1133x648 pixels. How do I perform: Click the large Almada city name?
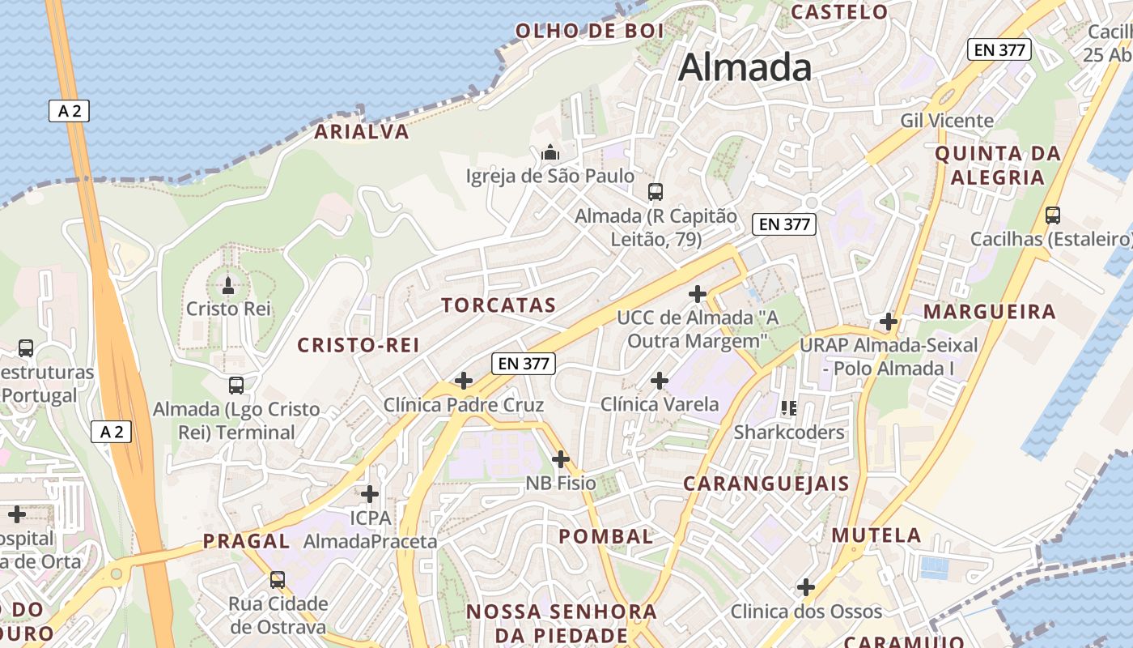(x=745, y=67)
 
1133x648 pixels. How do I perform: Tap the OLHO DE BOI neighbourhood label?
(x=590, y=32)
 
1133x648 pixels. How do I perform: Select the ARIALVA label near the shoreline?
(x=362, y=132)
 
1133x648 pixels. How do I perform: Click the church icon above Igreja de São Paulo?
(x=550, y=152)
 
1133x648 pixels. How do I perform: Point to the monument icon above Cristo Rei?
(x=228, y=285)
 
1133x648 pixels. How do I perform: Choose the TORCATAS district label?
(x=499, y=305)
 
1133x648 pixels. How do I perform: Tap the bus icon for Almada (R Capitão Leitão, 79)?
(x=656, y=192)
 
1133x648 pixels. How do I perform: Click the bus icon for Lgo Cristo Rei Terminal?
(x=236, y=386)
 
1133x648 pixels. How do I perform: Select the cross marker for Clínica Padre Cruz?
(x=464, y=380)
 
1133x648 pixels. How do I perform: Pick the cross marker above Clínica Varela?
(x=660, y=380)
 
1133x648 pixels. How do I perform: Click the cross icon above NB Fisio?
(x=561, y=459)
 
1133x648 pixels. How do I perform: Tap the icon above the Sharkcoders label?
(x=789, y=408)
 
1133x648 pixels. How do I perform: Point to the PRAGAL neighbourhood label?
(x=246, y=541)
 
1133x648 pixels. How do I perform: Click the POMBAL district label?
(x=606, y=536)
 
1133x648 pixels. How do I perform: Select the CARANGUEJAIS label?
(x=766, y=484)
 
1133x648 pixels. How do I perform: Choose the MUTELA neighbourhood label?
(x=876, y=535)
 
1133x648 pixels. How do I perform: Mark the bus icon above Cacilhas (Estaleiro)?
(x=1052, y=215)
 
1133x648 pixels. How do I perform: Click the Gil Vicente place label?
(x=947, y=121)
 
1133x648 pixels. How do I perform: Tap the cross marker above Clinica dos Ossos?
(x=806, y=586)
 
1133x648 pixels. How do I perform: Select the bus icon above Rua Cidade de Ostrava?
(x=278, y=580)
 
